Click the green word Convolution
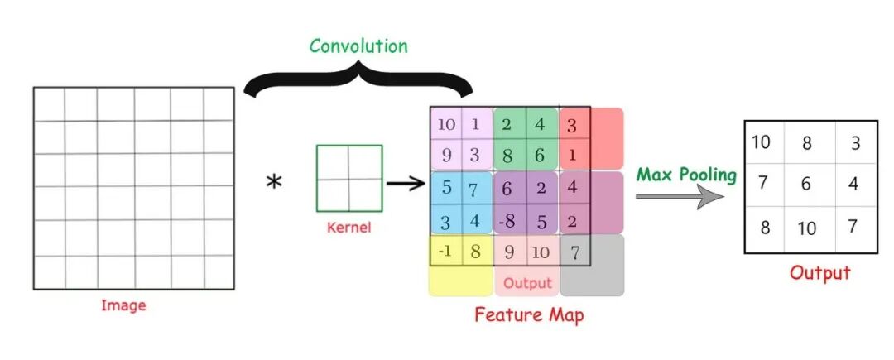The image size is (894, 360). click(358, 46)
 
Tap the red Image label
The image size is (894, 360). click(123, 305)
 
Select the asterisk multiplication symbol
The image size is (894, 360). click(273, 181)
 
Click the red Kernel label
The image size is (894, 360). click(348, 227)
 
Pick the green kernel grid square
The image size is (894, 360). click(348, 178)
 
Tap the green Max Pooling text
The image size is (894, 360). click(686, 175)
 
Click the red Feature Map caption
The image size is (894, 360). click(529, 314)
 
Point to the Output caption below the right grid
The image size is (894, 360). click(819, 273)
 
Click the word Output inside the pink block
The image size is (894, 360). click(527, 284)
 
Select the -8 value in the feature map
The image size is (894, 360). click(509, 220)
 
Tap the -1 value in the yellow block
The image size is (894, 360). click(445, 252)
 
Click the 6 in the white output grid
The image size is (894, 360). click(807, 184)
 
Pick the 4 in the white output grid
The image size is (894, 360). click(853, 184)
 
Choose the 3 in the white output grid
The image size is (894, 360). click(855, 142)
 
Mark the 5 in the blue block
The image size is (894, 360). click(446, 187)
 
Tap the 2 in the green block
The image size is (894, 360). click(508, 124)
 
